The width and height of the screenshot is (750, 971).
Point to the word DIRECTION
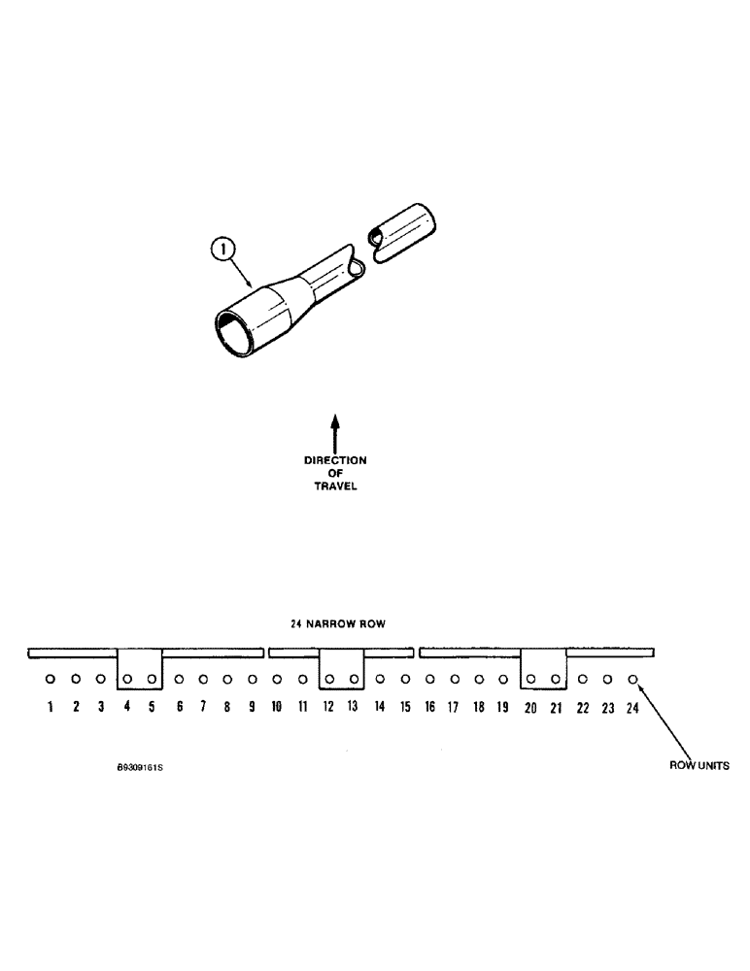[335, 461]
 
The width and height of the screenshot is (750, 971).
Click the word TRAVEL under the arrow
[335, 486]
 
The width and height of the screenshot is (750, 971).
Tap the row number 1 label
[50, 707]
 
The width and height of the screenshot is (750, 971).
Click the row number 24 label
[632, 708]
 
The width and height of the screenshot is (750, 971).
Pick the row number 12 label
[328, 707]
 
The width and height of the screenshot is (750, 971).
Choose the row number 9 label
[253, 707]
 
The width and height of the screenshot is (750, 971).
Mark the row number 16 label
[429, 708]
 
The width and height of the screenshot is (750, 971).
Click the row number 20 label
[530, 708]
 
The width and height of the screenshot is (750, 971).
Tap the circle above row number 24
[632, 680]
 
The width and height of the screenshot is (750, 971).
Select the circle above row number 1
[50, 680]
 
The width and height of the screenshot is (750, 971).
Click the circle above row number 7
[202, 680]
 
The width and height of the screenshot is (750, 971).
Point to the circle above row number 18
[479, 680]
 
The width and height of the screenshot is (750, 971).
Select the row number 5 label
[152, 707]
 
